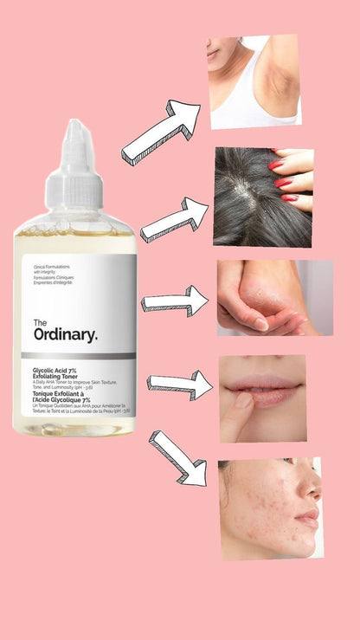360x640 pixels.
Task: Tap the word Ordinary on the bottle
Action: (65, 333)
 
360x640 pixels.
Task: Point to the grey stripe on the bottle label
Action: (78, 355)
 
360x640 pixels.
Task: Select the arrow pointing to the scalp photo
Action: (174, 220)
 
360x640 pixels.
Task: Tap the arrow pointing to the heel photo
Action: (175, 301)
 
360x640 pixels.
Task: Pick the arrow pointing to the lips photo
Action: (179, 384)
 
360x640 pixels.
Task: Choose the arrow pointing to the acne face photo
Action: (177, 456)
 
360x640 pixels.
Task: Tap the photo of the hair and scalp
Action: (262, 197)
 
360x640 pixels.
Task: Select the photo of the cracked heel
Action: (273, 297)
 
